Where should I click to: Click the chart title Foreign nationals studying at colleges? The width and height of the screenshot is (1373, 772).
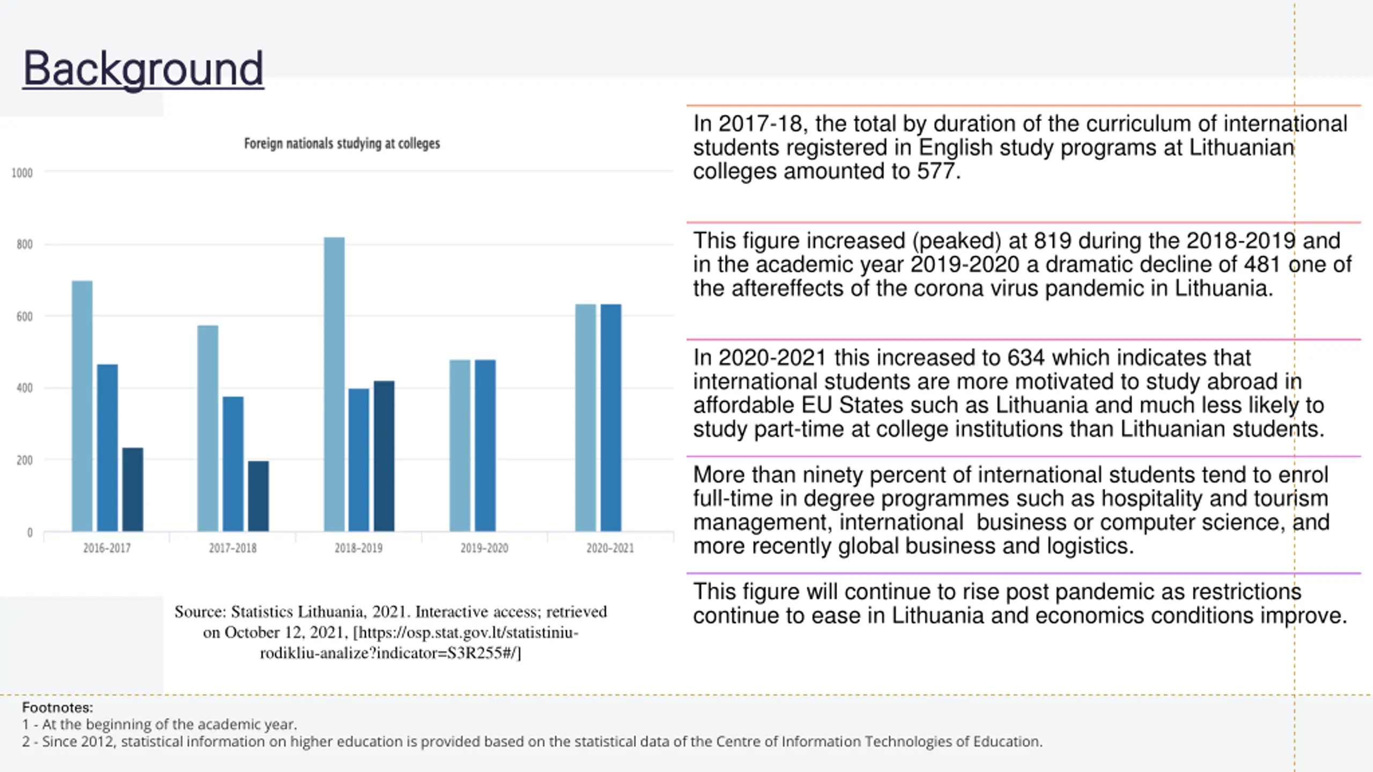click(342, 144)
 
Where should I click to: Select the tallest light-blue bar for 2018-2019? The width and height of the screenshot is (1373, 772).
click(334, 384)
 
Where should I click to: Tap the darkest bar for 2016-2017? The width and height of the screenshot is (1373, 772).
click(132, 489)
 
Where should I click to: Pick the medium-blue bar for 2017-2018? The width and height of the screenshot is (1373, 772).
click(233, 464)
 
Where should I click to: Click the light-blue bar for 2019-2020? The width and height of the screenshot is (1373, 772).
click(460, 446)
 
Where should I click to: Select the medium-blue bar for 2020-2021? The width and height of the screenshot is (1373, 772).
click(611, 418)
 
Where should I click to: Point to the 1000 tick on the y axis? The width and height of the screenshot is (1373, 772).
click(22, 173)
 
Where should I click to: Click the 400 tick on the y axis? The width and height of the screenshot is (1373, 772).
click(24, 388)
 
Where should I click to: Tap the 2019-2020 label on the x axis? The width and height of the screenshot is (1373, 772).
click(484, 548)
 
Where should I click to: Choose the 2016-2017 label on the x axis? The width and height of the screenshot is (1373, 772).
click(107, 548)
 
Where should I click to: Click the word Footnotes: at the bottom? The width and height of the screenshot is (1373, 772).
click(57, 708)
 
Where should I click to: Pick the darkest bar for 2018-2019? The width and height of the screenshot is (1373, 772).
click(384, 456)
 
